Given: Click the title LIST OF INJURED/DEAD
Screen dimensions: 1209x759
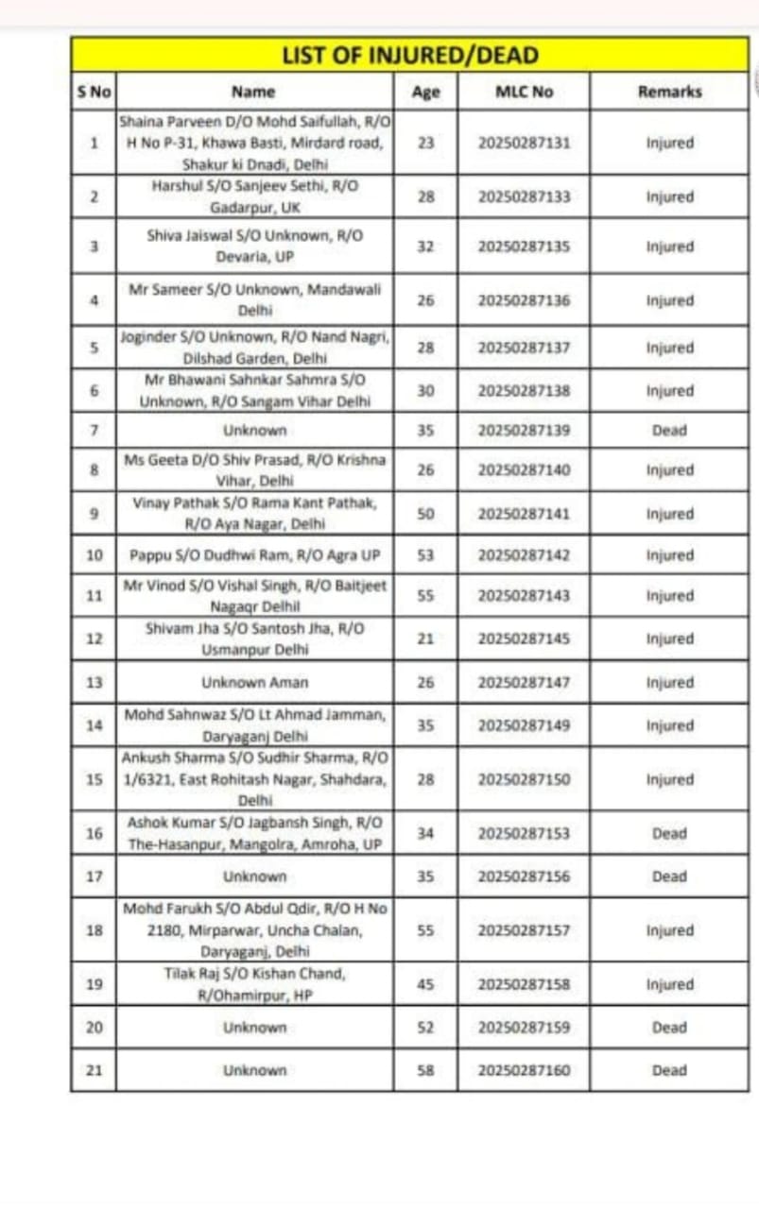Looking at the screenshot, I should pos(409,55).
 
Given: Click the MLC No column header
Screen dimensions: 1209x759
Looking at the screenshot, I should pos(524,92).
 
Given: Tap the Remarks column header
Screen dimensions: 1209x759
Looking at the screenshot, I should pos(669,92).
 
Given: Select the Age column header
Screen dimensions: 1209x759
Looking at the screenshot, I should pos(425,92).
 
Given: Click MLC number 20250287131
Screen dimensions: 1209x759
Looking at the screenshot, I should pos(524,144).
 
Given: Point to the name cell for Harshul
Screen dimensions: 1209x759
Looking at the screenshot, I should pos(254,196).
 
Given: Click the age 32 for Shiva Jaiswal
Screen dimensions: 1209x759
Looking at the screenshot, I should pos(425,247).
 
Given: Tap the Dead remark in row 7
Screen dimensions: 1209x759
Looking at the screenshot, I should pos(669,430).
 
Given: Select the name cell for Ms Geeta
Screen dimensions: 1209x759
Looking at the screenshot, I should pos(254,469).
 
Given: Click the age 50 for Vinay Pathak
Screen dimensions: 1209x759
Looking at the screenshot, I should pos(425,514).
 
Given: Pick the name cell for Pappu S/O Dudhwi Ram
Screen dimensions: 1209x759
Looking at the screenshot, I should pos(254,554).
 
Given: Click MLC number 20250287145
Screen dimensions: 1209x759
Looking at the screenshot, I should pos(524,639).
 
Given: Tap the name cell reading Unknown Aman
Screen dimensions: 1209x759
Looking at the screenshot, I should pos(254,682).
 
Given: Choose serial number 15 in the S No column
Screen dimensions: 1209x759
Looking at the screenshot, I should pos(94,780).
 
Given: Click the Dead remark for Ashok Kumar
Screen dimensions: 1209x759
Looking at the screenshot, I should pos(669,834).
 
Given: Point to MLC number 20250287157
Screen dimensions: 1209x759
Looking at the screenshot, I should pos(524,930).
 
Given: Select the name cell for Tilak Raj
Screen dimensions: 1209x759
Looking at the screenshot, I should pos(254,984).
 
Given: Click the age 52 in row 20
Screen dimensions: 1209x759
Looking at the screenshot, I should pos(425,1027).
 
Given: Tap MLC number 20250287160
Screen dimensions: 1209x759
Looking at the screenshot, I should pos(524,1070).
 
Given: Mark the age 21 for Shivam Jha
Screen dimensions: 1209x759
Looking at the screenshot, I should pos(425,639).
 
